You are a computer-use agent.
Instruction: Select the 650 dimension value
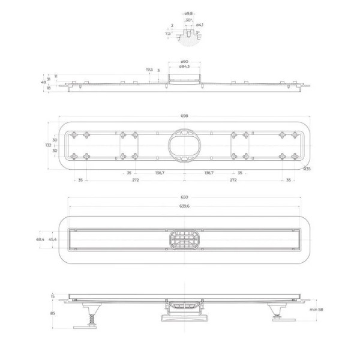pos(184,197)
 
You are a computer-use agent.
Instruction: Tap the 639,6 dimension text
pos(184,207)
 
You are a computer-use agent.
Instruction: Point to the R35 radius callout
pos(306,169)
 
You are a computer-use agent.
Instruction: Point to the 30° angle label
pos(188,20)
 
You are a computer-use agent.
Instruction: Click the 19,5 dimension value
pos(149,70)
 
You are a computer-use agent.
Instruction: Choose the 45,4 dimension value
pos(53,239)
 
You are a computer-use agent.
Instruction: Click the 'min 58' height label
pos(317,309)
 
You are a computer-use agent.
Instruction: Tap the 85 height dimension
pos(52,313)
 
